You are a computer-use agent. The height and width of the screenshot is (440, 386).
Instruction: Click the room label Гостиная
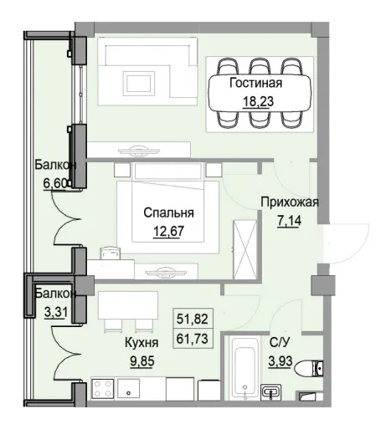[255, 84]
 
